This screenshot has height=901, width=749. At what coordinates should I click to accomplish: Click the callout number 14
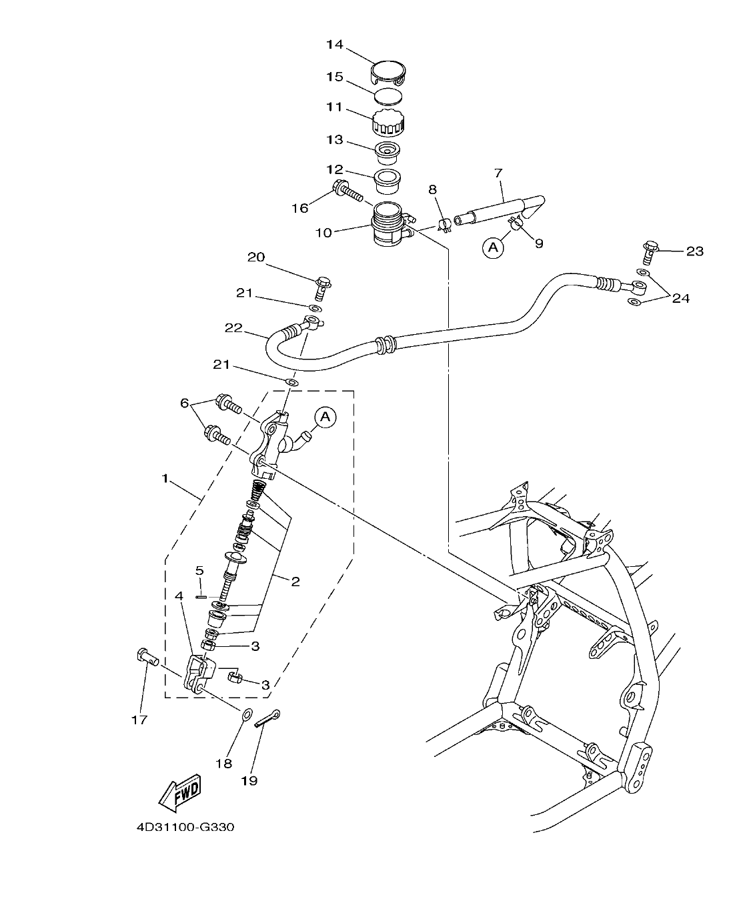coord(334,45)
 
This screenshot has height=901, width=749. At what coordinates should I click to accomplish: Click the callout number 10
coord(323,233)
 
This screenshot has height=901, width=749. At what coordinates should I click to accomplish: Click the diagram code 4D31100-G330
coord(185,827)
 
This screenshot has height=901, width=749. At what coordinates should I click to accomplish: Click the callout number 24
coord(680,298)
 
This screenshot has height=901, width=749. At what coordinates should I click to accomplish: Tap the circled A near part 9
coord(493,248)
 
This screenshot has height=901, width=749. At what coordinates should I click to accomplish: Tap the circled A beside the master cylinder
coord(325,417)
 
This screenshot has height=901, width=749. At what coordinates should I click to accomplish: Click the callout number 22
coord(233,327)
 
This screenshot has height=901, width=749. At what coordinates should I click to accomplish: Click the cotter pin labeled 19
coord(267,720)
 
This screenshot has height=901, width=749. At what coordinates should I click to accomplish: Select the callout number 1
coord(164,478)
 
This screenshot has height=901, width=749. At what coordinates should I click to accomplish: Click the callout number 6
coord(185,403)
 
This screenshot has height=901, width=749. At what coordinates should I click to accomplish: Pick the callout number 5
coord(199,570)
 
